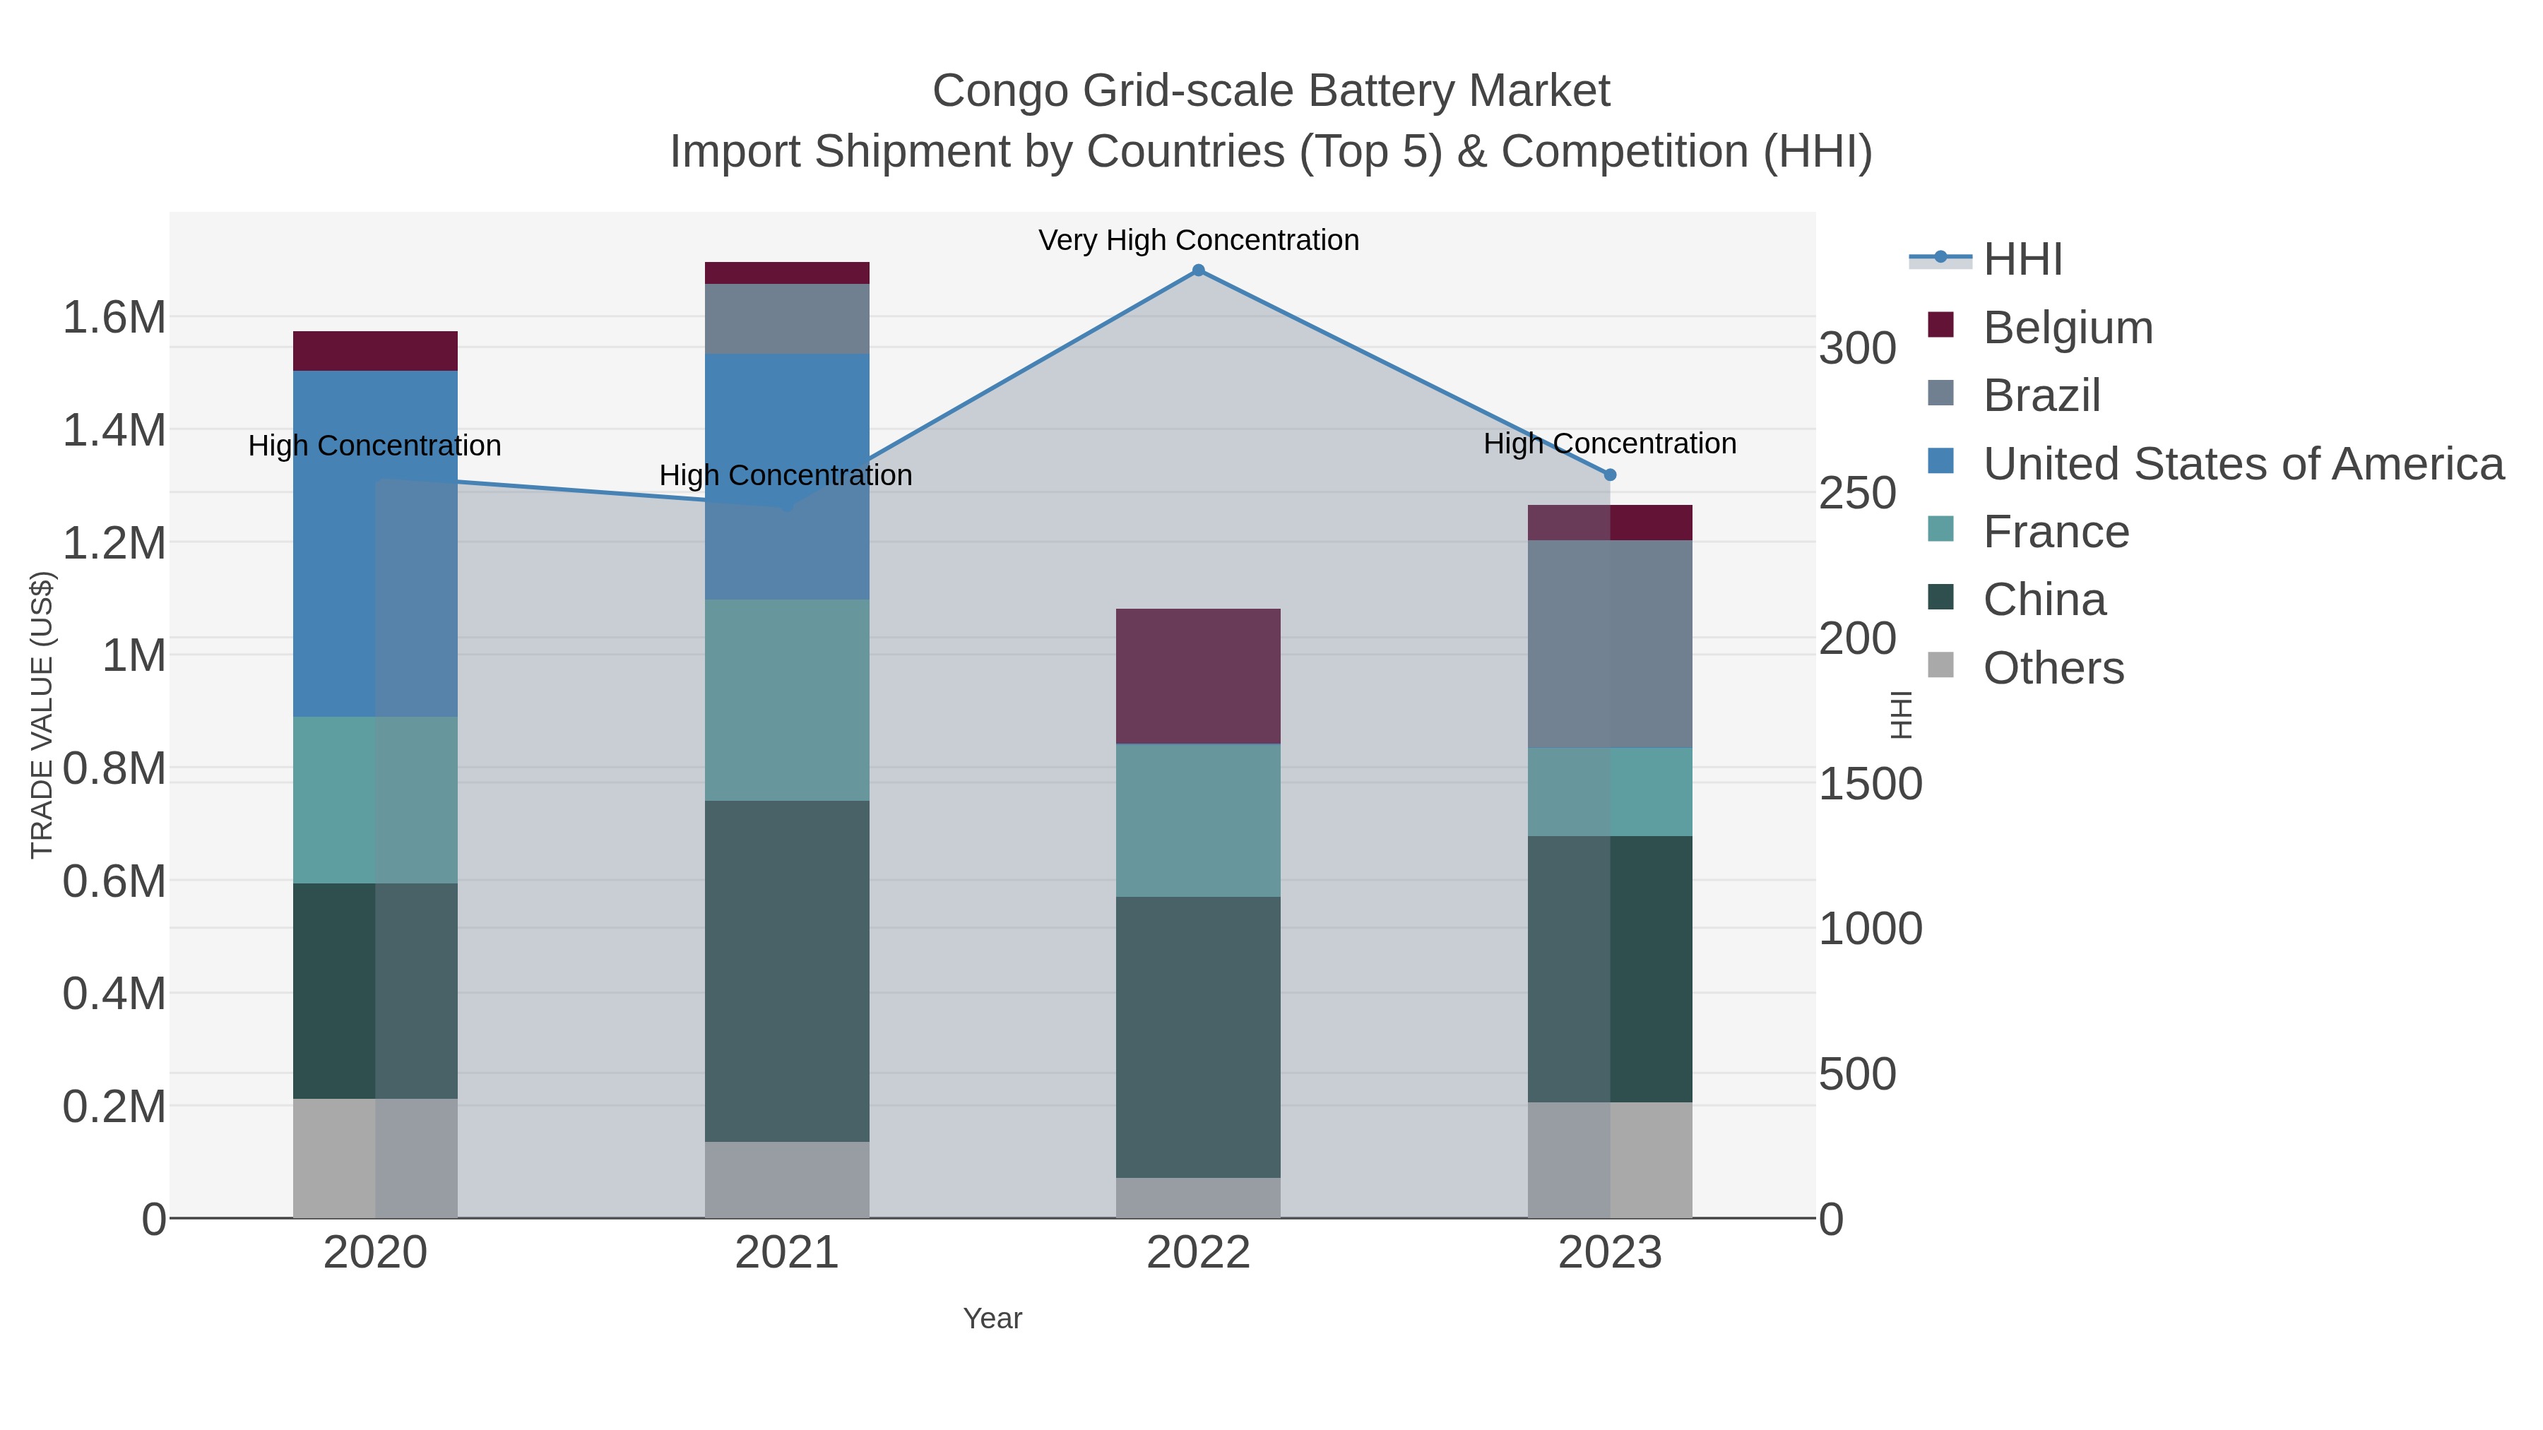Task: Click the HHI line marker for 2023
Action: point(1609,475)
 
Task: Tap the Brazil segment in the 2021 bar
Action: point(787,318)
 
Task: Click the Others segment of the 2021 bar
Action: point(787,1179)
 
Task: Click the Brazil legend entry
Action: point(2041,395)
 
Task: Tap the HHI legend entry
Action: point(2022,260)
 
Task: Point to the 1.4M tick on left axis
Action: point(114,430)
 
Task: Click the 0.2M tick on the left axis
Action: point(114,1107)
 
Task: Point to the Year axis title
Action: point(992,1318)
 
